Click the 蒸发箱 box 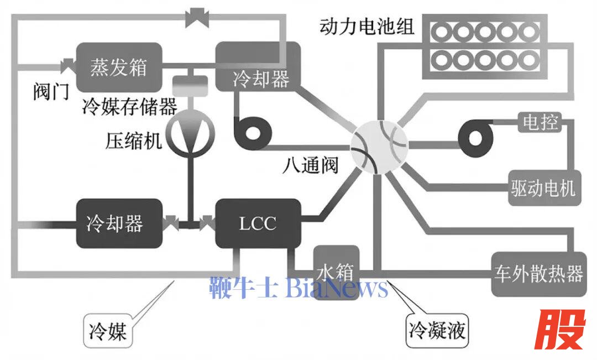point(119,67)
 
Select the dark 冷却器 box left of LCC point(119,223)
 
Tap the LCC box point(258,223)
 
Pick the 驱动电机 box point(542,189)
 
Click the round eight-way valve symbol point(379,145)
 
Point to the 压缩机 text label point(134,140)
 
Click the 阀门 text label point(51,91)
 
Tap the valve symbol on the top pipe point(195,18)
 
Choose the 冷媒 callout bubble point(108,331)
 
